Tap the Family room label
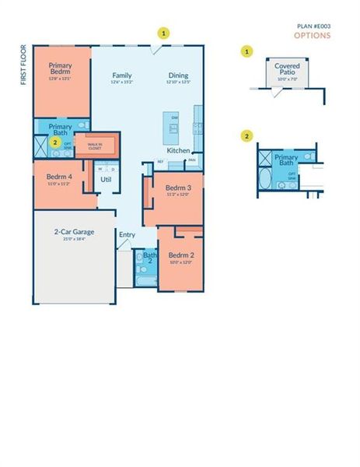[x=121, y=75]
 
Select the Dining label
[x=178, y=75]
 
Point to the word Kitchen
[x=178, y=150]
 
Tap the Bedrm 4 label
[x=59, y=177]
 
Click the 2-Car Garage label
[x=74, y=231]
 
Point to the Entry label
[x=127, y=234]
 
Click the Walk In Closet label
[x=94, y=146]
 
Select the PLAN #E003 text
[x=313, y=26]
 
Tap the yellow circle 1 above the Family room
[x=163, y=33]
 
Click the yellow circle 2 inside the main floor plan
[x=54, y=142]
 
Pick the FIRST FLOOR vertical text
[x=24, y=67]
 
